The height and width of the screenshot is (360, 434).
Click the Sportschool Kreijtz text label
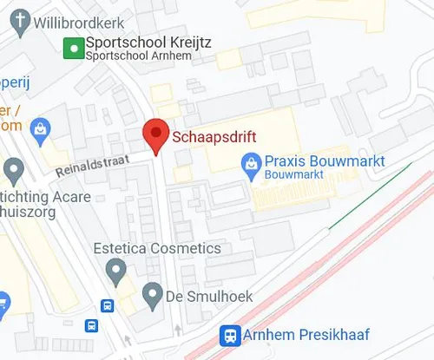(x=149, y=42)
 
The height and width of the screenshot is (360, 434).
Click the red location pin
(x=155, y=135)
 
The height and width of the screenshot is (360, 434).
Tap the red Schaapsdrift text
(x=214, y=136)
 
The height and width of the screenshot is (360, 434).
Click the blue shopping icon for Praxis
(x=251, y=161)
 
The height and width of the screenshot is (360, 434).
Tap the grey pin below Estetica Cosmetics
(x=115, y=273)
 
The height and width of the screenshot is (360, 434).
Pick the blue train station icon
(x=230, y=334)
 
